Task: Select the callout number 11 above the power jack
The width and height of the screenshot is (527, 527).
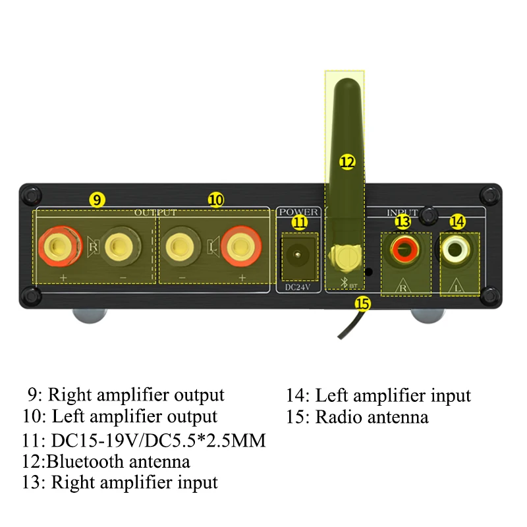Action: tap(300, 222)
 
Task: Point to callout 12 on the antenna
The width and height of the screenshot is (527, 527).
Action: tap(347, 161)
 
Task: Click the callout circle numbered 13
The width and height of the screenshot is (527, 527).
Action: tap(403, 222)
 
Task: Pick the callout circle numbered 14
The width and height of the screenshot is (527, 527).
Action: tap(457, 222)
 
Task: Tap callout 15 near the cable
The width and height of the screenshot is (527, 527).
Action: tap(362, 303)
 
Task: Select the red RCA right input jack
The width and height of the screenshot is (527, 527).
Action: tap(403, 249)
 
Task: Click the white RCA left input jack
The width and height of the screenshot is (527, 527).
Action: tap(455, 249)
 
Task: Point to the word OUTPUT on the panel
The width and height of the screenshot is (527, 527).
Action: tap(155, 212)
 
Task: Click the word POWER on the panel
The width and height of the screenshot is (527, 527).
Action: tap(299, 211)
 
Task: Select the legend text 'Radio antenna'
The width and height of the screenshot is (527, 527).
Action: tap(372, 417)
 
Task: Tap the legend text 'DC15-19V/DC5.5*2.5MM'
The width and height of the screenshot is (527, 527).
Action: tap(158, 439)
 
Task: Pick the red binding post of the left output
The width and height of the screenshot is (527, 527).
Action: tap(240, 248)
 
